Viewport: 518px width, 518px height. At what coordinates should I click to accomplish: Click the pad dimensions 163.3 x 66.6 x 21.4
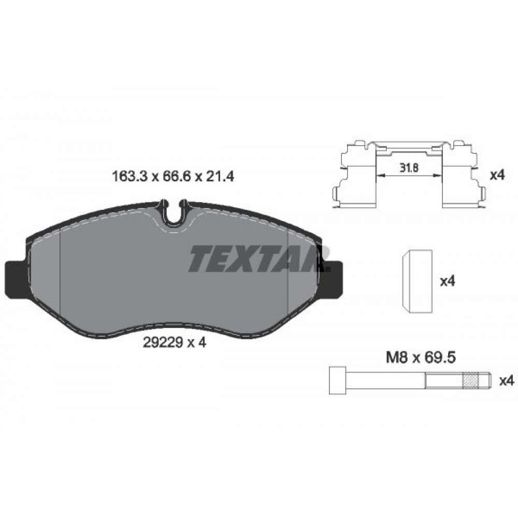point(174,176)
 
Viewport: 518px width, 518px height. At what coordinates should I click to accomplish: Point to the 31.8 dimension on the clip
point(409,168)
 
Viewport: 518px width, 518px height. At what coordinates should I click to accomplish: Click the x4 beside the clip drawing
point(497,175)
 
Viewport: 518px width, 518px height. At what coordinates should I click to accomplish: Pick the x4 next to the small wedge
point(447,281)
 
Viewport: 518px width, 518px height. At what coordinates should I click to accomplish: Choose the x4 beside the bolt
point(506,381)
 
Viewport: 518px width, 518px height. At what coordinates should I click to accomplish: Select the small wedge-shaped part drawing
point(417,282)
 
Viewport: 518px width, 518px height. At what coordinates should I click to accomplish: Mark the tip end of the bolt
point(486,382)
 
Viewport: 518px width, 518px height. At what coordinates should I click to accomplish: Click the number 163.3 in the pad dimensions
point(128,176)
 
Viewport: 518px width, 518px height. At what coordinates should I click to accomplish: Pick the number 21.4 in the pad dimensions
point(221,176)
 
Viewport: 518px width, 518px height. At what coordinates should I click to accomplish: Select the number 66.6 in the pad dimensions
point(175,176)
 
